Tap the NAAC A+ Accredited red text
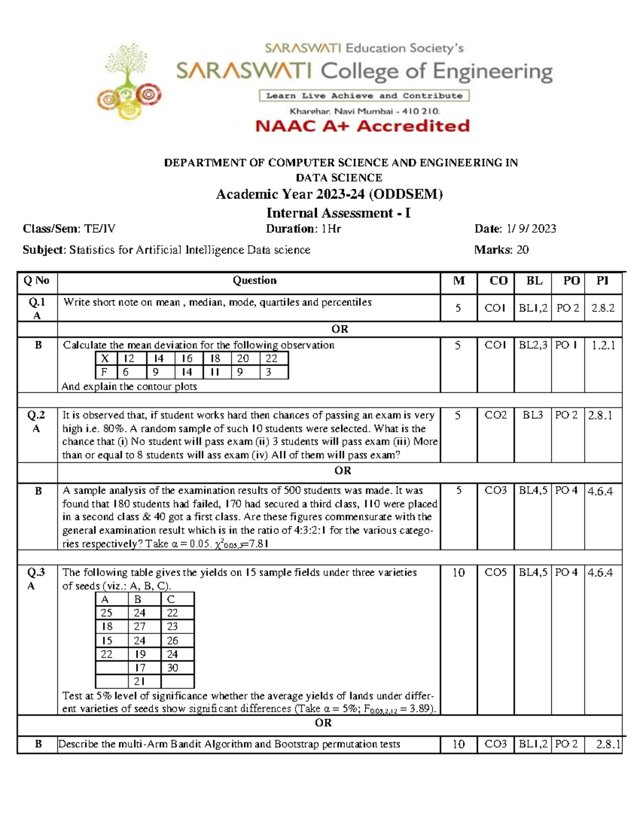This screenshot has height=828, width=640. click(362, 126)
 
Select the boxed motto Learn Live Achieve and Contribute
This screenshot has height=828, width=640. click(364, 96)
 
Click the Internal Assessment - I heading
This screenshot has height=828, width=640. click(339, 213)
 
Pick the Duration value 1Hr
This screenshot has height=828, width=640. click(331, 229)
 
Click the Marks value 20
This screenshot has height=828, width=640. click(523, 250)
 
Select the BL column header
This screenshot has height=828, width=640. click(534, 281)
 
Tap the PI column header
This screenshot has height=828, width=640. click(603, 281)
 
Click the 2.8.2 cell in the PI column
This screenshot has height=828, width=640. click(603, 308)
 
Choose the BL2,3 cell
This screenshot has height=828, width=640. click(533, 345)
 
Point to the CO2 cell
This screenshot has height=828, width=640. click(495, 415)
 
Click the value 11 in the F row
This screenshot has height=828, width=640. click(215, 372)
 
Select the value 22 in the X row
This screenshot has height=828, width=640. click(271, 359)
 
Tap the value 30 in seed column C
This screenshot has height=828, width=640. click(172, 668)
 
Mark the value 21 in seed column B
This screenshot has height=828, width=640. click(140, 681)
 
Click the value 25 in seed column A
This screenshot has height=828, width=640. click(107, 613)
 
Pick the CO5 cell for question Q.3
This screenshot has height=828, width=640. click(495, 573)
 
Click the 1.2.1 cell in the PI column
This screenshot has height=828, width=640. click(603, 345)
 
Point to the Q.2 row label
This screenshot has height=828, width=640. click(37, 415)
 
